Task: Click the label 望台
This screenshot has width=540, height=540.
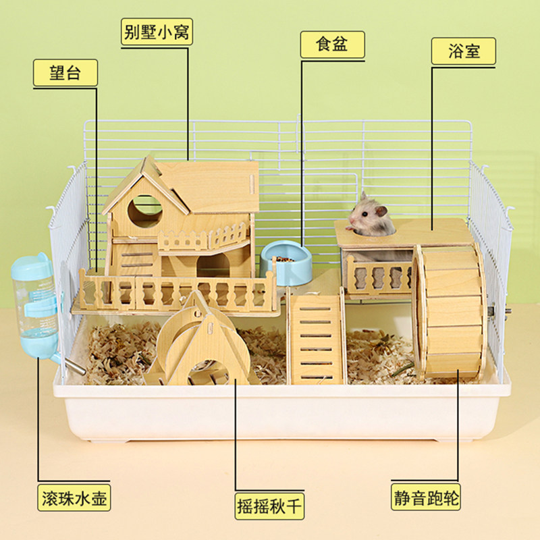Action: (x=65, y=73)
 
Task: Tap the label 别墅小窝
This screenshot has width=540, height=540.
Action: (x=157, y=32)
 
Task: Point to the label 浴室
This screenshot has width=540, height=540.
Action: (x=464, y=51)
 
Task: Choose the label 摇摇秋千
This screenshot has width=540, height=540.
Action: (x=269, y=505)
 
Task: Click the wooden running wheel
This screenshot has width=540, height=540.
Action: (x=450, y=310)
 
